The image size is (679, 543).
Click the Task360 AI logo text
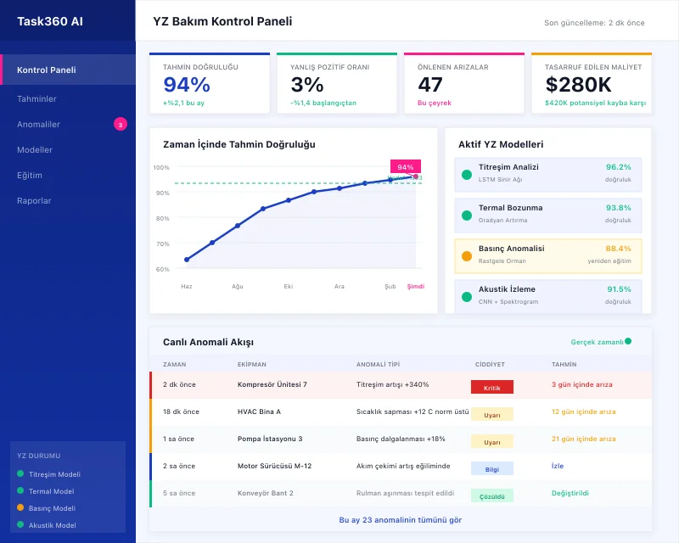point(50,20)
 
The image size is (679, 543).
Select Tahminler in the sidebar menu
point(36,99)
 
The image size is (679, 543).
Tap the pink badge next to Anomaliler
point(121,125)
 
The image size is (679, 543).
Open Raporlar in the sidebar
point(34,201)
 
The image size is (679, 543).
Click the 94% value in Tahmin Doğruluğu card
point(186,85)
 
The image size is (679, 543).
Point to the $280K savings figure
point(578,85)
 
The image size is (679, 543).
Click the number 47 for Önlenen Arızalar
point(430,85)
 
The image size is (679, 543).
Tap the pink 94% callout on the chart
point(406,167)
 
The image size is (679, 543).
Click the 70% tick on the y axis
point(161,244)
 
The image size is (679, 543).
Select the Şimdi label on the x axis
point(416,287)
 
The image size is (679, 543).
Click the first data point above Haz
point(187,260)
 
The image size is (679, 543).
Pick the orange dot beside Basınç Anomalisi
point(467,255)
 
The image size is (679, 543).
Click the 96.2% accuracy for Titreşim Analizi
point(618,167)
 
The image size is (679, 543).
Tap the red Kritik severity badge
point(491,387)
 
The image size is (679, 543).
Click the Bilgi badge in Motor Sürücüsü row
point(491,467)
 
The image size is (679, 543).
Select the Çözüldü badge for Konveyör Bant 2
point(491,495)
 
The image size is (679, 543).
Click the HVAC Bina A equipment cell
point(259,411)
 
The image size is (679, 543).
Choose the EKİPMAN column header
point(252,364)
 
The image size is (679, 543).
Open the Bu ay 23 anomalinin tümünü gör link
point(400,519)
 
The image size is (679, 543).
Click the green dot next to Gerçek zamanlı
point(628,341)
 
